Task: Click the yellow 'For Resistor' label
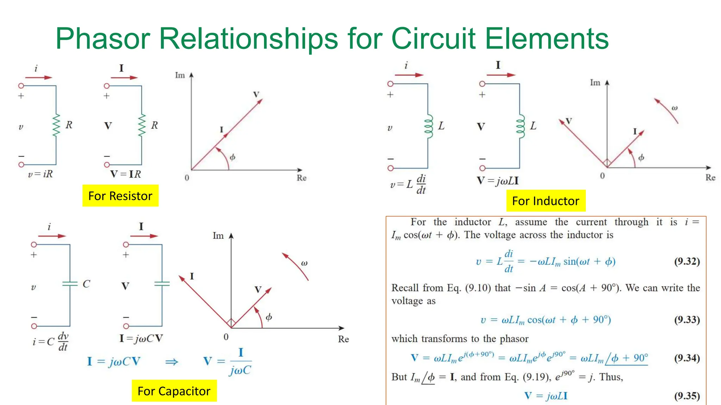point(120,196)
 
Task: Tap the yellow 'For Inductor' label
point(546,201)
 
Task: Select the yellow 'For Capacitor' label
point(174,391)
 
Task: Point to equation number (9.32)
point(687,261)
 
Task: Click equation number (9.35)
point(687,396)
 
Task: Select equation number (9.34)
point(687,358)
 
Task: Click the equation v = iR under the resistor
point(40,174)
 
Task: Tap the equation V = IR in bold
point(126,174)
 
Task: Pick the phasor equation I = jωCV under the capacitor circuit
point(141,338)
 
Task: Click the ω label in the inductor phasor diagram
point(675,108)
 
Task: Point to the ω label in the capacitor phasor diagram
point(305,263)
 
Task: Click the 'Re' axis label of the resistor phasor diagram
point(301,178)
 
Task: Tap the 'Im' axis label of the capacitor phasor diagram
point(218,236)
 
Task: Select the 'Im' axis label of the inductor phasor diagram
point(595,83)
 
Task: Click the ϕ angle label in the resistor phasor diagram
point(232,157)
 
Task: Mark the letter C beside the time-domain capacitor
point(86,284)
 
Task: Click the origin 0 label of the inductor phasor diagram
point(602,175)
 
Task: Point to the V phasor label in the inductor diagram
point(569,121)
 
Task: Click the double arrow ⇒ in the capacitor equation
point(172,362)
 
